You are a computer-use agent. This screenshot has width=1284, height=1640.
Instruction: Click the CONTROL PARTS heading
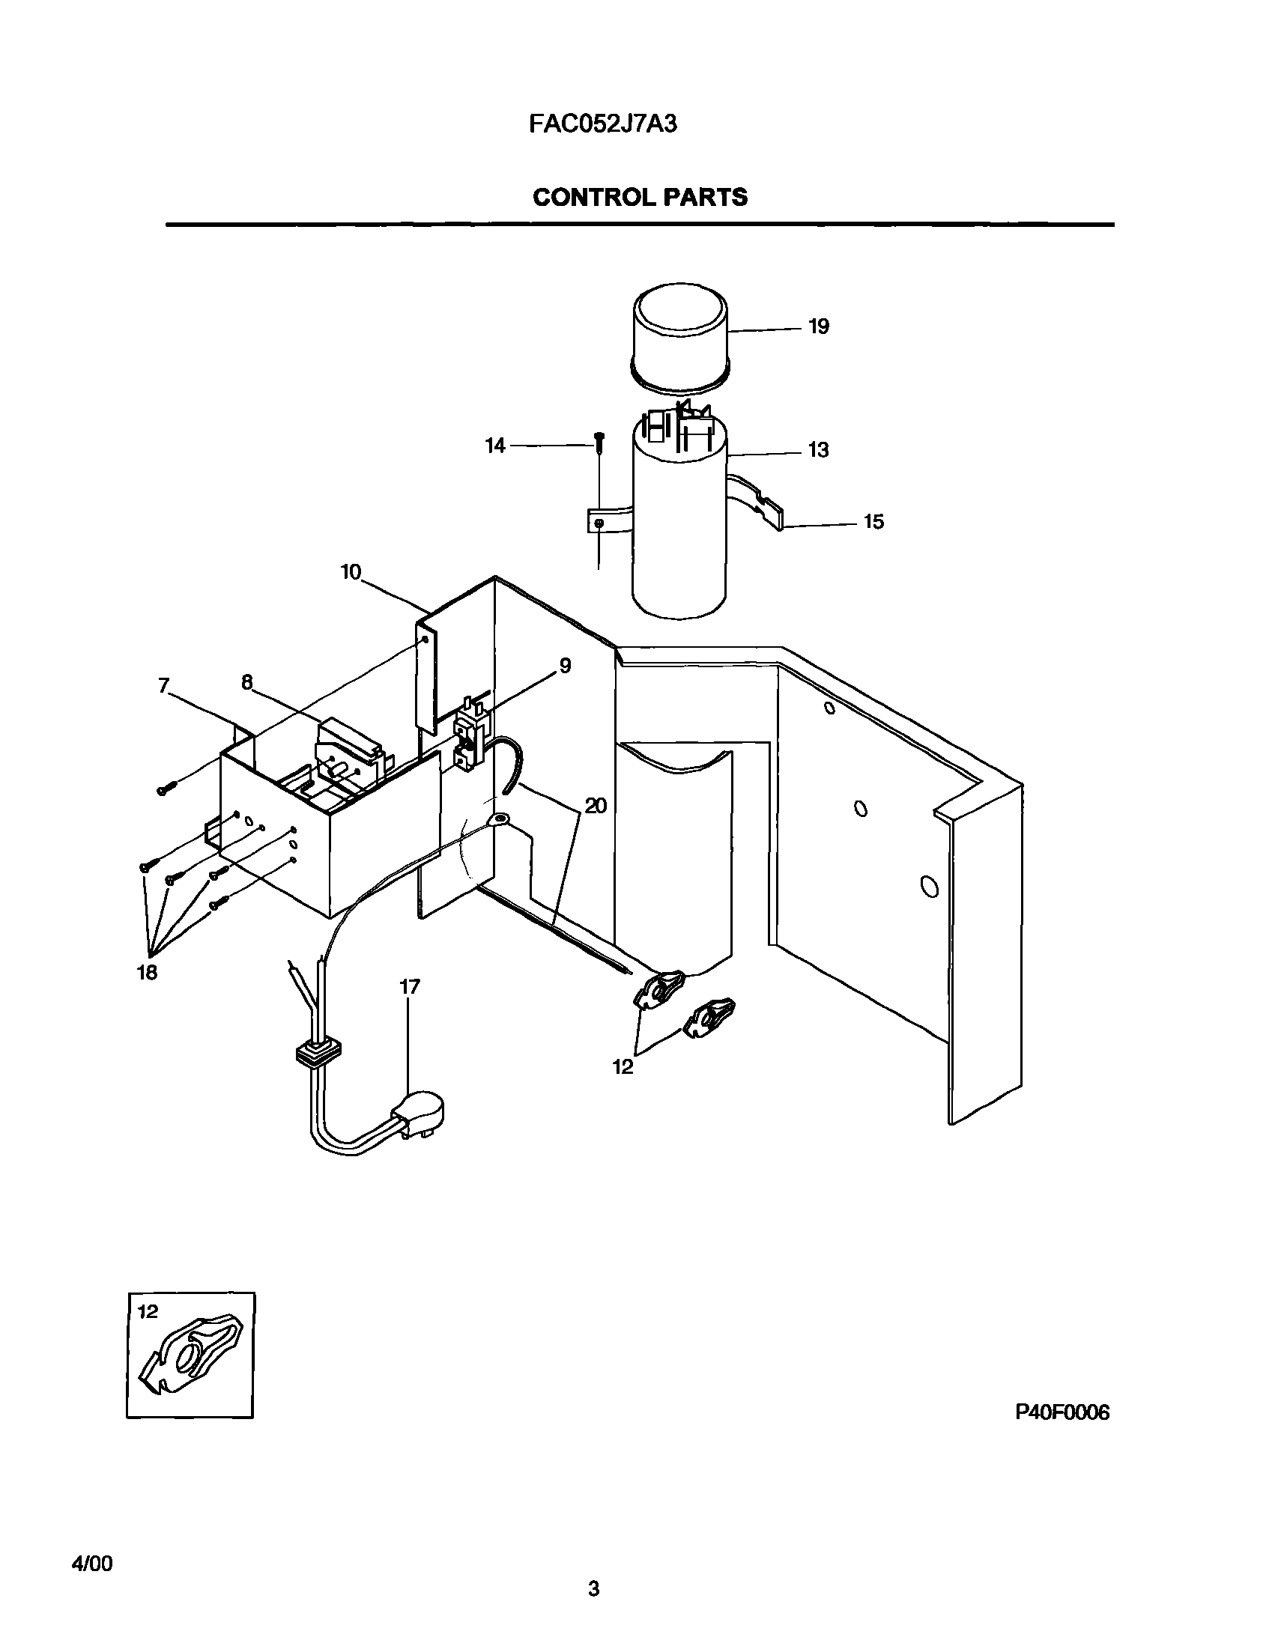[x=640, y=198]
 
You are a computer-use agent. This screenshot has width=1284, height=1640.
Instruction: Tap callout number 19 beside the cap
[x=819, y=327]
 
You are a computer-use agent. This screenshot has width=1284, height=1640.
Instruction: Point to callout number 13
[x=818, y=450]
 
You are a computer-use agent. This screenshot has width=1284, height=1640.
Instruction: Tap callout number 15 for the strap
[x=873, y=522]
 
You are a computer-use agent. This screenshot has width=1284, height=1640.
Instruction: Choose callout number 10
[x=351, y=573]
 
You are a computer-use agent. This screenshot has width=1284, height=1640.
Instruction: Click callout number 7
[x=163, y=684]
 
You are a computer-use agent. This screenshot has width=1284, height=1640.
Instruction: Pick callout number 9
[x=565, y=666]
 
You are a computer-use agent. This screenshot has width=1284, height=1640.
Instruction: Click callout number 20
[x=596, y=807]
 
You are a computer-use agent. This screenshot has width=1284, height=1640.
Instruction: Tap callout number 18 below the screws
[x=147, y=973]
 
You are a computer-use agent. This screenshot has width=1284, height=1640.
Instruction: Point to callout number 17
[x=410, y=987]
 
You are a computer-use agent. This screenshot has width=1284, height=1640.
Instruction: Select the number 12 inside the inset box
[x=148, y=1312]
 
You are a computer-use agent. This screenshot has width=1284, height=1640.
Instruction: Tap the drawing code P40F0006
[x=1062, y=1413]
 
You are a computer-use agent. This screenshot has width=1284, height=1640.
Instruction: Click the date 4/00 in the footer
[x=91, y=1559]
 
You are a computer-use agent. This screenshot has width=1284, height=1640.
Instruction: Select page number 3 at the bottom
[x=593, y=1604]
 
